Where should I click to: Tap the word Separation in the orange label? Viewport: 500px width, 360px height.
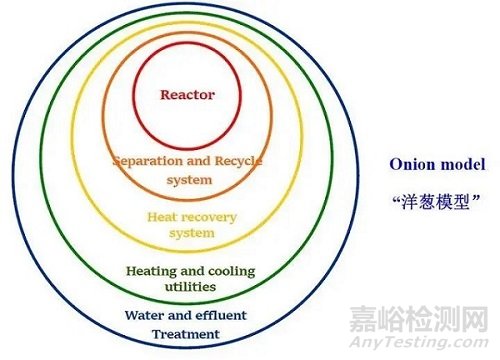pos(149,161)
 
